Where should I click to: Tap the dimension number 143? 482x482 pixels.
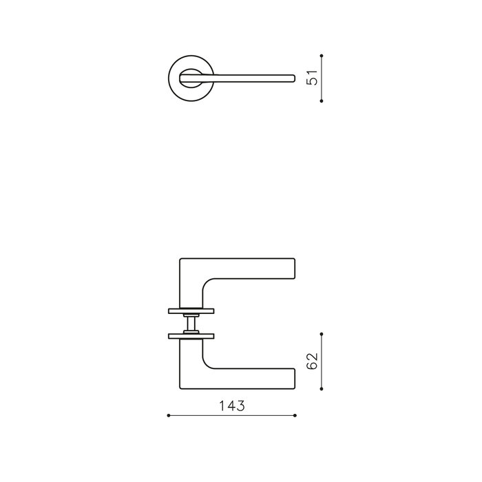tap(232, 406)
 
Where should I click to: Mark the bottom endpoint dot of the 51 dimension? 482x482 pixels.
tap(322, 101)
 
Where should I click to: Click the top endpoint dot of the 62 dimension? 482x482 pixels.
tap(322, 333)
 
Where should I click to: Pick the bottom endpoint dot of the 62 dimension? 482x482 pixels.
tap(322, 389)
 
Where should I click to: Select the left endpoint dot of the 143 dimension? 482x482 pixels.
tap(169, 415)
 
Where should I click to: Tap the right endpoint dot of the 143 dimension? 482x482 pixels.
tap(295, 415)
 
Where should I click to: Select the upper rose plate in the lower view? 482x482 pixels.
tap(191, 311)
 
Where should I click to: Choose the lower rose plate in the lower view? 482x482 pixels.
tap(191, 336)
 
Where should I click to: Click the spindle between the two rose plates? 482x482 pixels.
tap(191, 324)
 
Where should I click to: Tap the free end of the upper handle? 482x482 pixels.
tap(294, 269)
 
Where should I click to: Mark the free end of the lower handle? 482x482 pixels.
tap(294, 379)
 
